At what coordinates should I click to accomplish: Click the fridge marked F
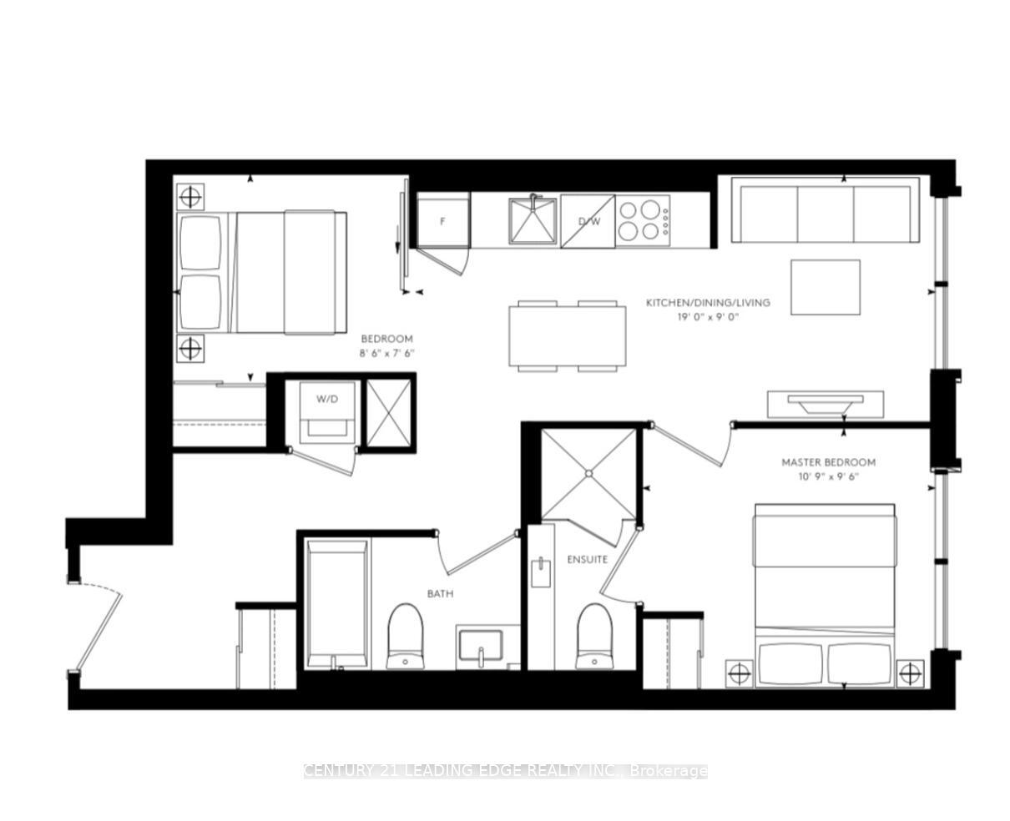click(x=443, y=221)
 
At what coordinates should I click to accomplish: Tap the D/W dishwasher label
click(x=589, y=221)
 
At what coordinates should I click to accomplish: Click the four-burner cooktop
click(x=643, y=219)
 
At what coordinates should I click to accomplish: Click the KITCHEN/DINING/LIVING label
click(x=708, y=302)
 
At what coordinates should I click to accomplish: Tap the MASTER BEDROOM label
click(x=828, y=461)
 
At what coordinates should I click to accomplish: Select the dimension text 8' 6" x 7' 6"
click(x=387, y=353)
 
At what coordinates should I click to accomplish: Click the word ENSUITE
click(x=587, y=559)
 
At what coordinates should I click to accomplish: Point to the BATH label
click(x=440, y=594)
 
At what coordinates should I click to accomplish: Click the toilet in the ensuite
click(x=594, y=636)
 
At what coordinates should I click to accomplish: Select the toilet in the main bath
click(x=406, y=637)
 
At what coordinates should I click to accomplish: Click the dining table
click(x=568, y=336)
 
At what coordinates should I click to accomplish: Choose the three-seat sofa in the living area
click(x=825, y=214)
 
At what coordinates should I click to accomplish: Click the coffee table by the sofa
click(x=825, y=287)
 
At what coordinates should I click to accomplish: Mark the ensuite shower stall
click(x=588, y=473)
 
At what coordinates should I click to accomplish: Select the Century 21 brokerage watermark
click(x=505, y=771)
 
